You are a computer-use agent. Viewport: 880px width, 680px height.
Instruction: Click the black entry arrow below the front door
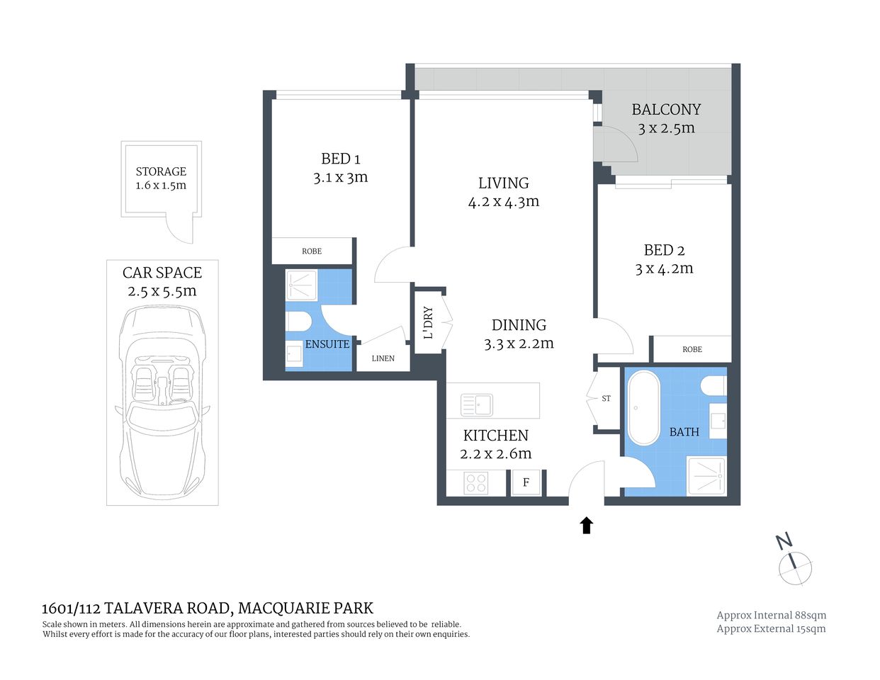586,525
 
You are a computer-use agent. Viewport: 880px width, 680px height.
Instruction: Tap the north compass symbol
794,566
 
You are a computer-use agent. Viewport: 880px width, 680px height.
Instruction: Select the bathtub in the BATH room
643,407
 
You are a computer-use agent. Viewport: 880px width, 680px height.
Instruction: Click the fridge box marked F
526,482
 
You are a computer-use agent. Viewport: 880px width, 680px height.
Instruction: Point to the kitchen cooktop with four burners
476,483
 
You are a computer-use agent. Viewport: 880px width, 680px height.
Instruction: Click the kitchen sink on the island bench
477,405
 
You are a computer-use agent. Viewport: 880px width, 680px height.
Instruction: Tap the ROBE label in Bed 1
312,251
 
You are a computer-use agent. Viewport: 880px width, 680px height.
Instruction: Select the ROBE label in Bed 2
692,349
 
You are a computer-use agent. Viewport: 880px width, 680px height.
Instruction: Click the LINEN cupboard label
383,358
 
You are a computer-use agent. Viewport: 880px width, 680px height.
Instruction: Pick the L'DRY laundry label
428,322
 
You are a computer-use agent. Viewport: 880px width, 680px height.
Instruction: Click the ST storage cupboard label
606,399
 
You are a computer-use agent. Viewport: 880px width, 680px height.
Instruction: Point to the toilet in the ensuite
298,322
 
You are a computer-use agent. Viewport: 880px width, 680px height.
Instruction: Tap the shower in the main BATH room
706,475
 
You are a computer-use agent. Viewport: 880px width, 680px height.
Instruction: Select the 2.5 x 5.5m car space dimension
162,291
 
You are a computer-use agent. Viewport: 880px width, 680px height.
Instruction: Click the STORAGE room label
161,171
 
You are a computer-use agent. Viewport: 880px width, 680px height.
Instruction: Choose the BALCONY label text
666,110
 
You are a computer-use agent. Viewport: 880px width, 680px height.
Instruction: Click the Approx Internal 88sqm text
771,616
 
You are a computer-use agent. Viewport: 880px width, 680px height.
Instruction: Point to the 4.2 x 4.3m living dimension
503,202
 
